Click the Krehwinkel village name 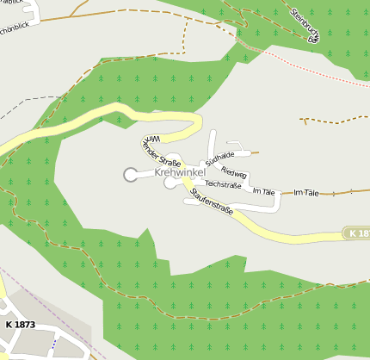(179, 173)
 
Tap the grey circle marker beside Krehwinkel (131, 175)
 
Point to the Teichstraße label (223, 184)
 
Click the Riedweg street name (234, 173)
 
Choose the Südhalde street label (220, 158)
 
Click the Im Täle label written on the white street (262, 192)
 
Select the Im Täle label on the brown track (306, 193)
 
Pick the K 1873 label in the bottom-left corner (20, 325)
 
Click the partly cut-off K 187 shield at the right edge (358, 233)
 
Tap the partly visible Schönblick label (17, 28)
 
